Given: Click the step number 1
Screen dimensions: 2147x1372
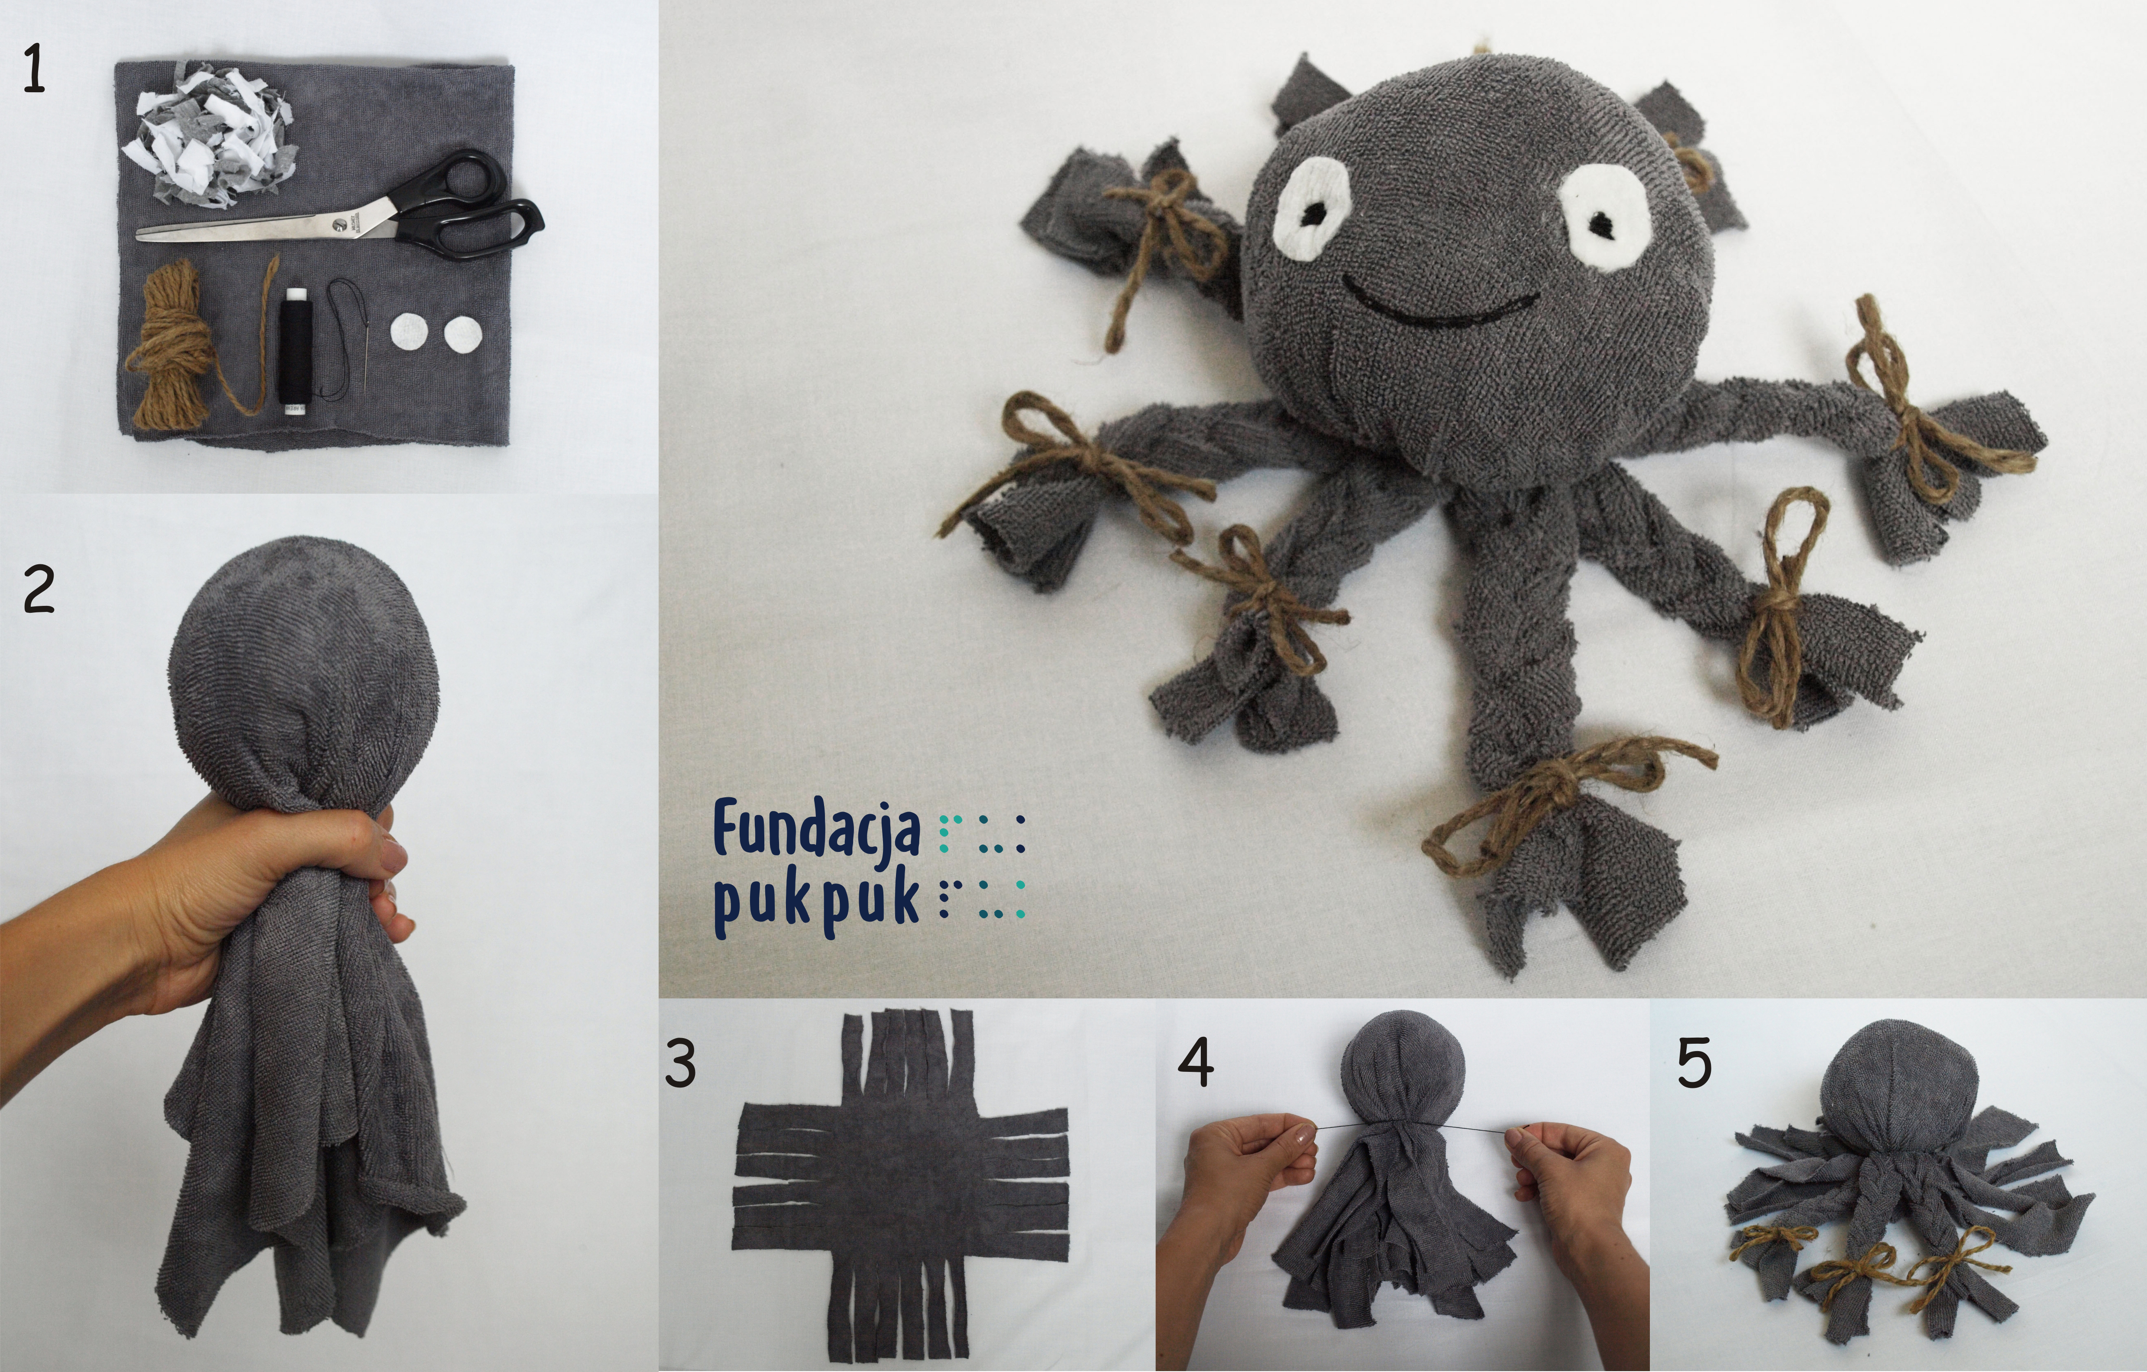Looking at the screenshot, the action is pyautogui.click(x=34, y=71).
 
